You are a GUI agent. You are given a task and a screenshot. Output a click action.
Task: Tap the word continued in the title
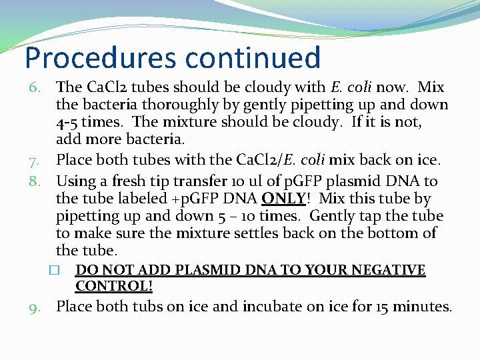click(253, 58)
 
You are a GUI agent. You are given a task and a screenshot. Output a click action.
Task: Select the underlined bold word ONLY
click(283, 199)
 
